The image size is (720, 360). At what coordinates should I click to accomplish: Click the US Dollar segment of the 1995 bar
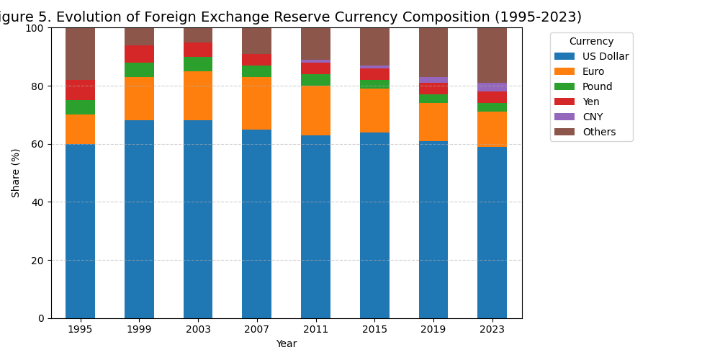click(80, 230)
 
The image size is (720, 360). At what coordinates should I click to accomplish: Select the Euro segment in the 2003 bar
click(198, 96)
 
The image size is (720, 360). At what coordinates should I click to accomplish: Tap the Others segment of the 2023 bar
click(492, 55)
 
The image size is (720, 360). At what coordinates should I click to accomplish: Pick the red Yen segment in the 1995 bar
click(80, 90)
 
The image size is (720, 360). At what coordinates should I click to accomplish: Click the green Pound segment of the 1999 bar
click(139, 70)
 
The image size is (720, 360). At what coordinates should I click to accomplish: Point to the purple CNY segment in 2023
click(492, 87)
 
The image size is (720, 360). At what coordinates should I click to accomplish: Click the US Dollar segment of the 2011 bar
click(315, 226)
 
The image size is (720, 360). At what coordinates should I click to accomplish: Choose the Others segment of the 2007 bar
click(256, 41)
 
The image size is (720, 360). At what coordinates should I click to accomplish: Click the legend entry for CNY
click(593, 117)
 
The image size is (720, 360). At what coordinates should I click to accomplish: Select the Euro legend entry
click(593, 71)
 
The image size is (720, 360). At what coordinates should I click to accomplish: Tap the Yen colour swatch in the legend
click(564, 102)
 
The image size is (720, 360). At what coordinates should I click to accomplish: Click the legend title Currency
click(591, 42)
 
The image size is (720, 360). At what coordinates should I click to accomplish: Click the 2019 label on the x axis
click(433, 329)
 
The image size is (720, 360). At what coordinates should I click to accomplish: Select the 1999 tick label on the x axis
click(139, 329)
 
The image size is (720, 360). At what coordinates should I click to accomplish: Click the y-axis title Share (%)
click(16, 173)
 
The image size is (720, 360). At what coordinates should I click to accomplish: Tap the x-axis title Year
click(286, 344)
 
